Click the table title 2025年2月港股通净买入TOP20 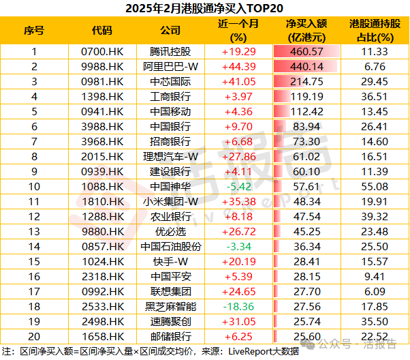(204, 9)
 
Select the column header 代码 (102, 31)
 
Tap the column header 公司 (170, 31)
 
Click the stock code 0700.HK (102, 52)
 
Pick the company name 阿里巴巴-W (170, 67)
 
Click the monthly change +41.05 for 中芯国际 (238, 82)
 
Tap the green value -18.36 (238, 306)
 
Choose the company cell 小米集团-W (170, 201)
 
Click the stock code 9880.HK (102, 231)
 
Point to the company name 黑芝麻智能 (170, 306)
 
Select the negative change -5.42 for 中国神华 (238, 186)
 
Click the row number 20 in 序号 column (34, 336)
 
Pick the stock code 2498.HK (102, 321)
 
